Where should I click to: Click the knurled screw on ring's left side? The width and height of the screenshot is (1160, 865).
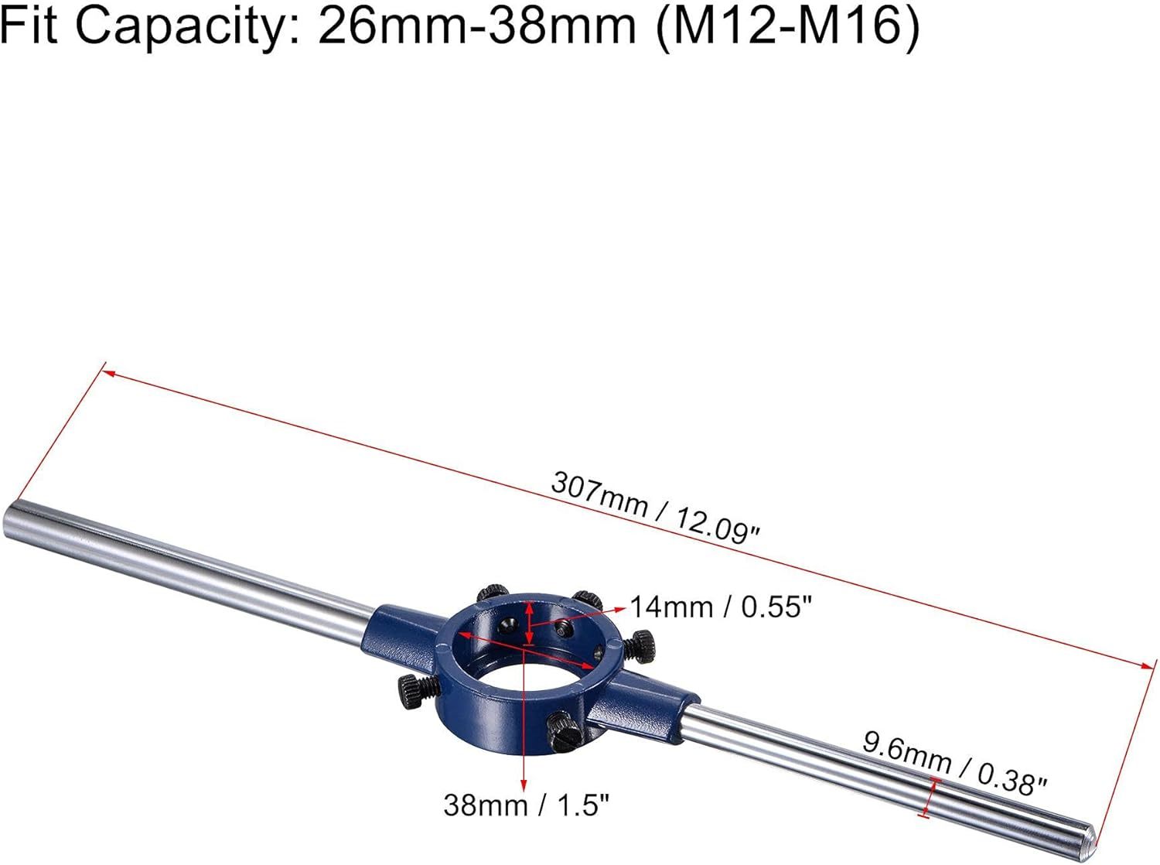tap(416, 689)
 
